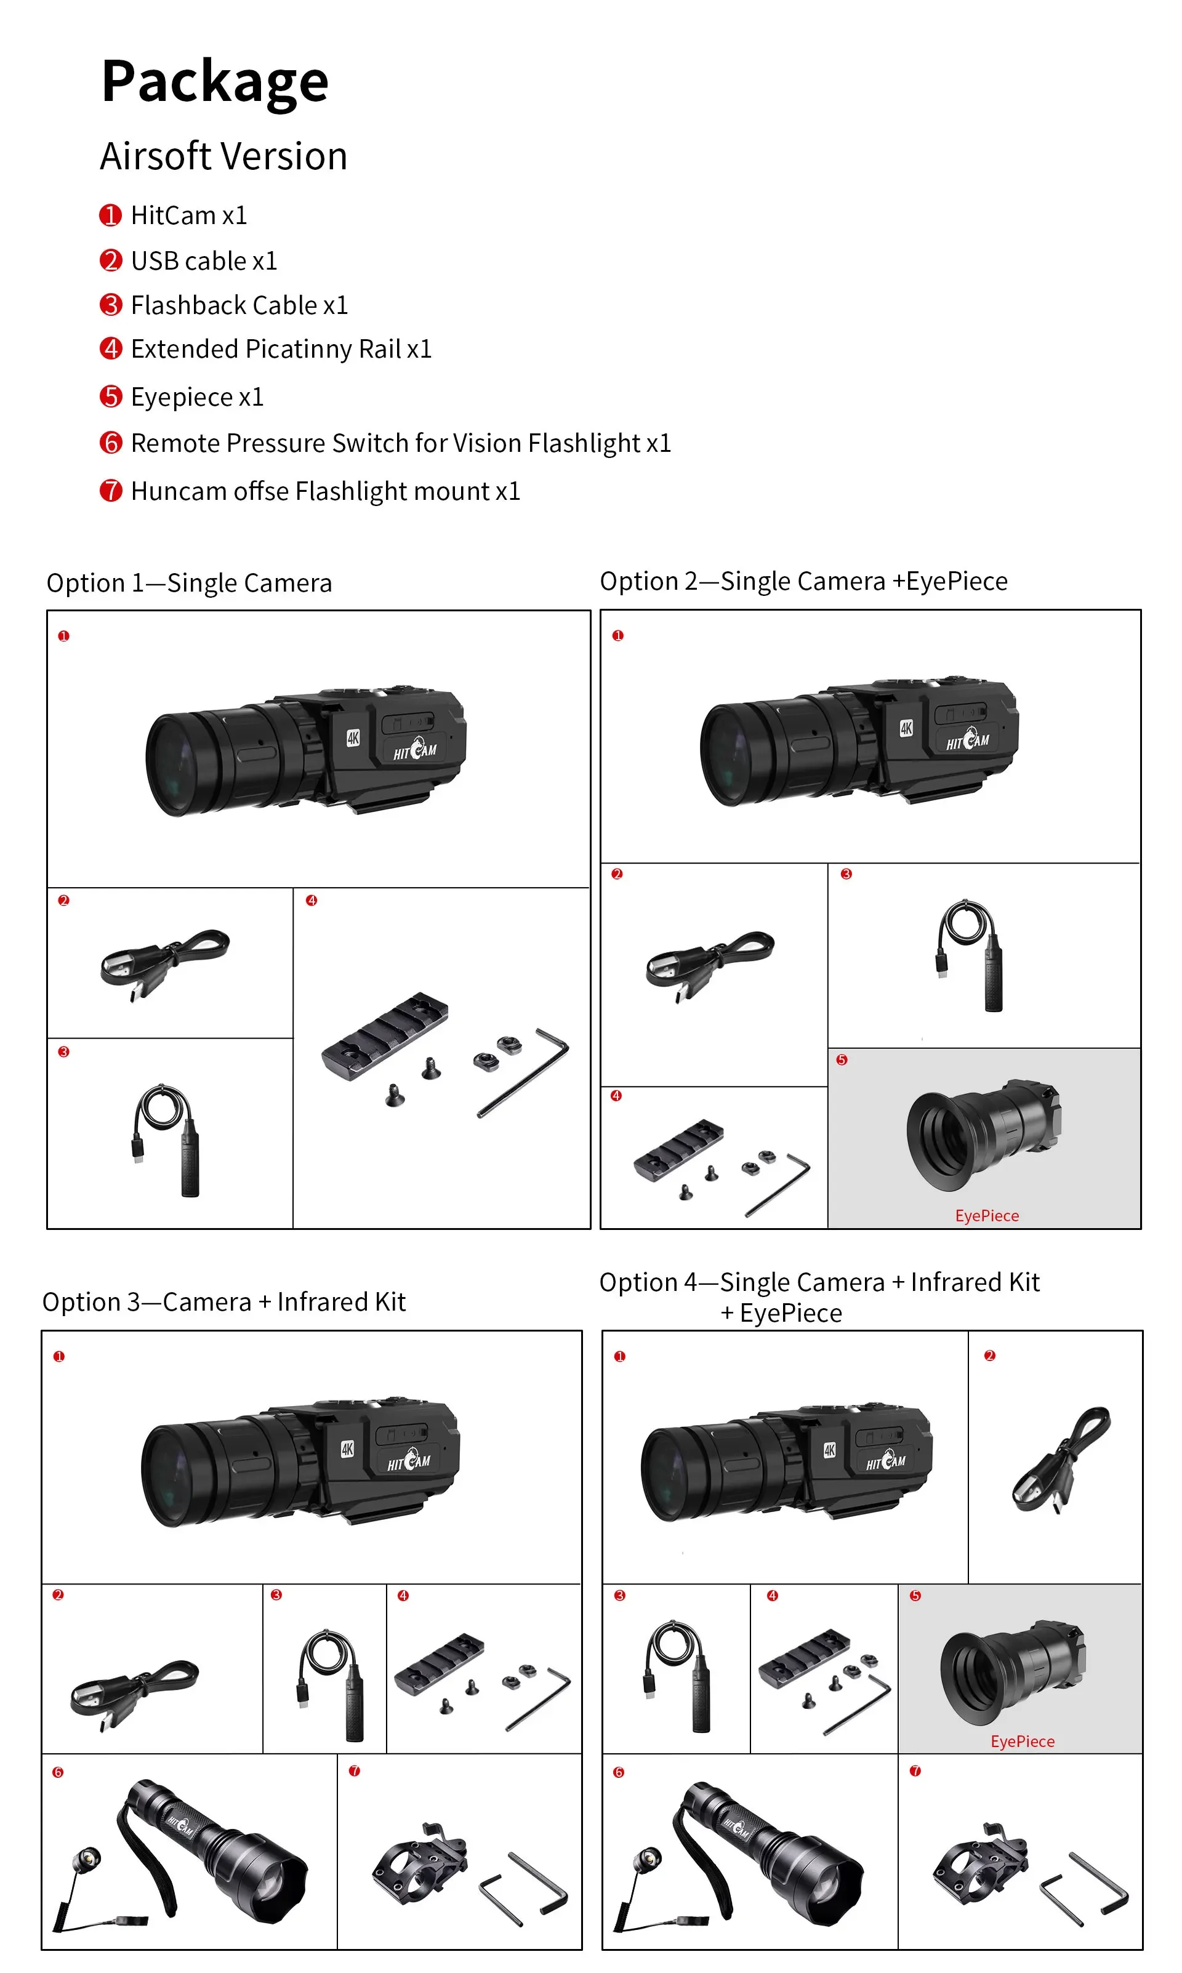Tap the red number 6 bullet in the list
[111, 443]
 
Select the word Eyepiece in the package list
[182, 396]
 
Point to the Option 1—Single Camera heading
[189, 583]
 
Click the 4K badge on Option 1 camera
[353, 738]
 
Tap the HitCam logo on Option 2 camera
[968, 741]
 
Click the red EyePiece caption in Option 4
[1022, 1742]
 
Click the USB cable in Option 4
[1062, 1460]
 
